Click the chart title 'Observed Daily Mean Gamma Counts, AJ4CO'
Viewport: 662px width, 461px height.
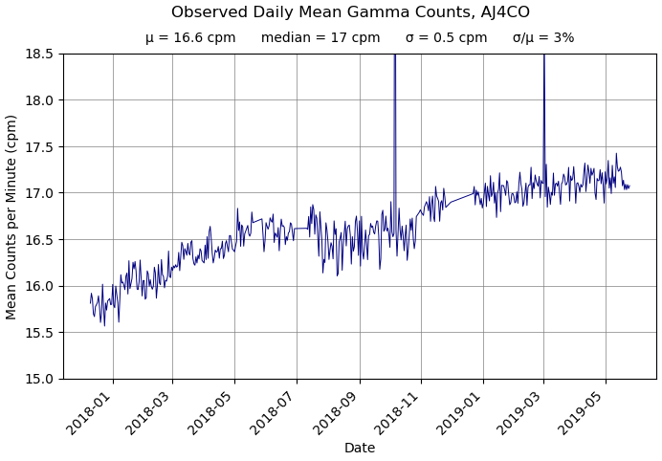(350, 12)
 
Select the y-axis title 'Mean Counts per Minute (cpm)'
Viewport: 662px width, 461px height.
(11, 216)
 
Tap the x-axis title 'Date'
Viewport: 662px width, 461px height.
(360, 448)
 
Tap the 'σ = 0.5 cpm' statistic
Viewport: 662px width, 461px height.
(446, 38)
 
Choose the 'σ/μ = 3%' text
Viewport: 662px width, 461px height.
(543, 38)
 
